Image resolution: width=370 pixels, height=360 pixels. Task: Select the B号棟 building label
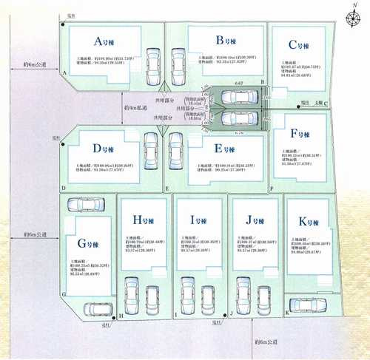[x=224, y=41]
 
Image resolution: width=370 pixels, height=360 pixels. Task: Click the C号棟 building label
[x=297, y=44]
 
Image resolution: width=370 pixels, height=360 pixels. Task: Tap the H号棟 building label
[x=142, y=220]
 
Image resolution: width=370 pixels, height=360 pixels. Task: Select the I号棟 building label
[x=198, y=220]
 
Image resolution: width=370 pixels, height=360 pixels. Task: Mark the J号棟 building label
[x=254, y=220]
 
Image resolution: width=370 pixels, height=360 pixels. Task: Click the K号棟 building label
[x=308, y=222]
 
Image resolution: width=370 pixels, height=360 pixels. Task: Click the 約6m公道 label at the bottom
[x=266, y=342]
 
